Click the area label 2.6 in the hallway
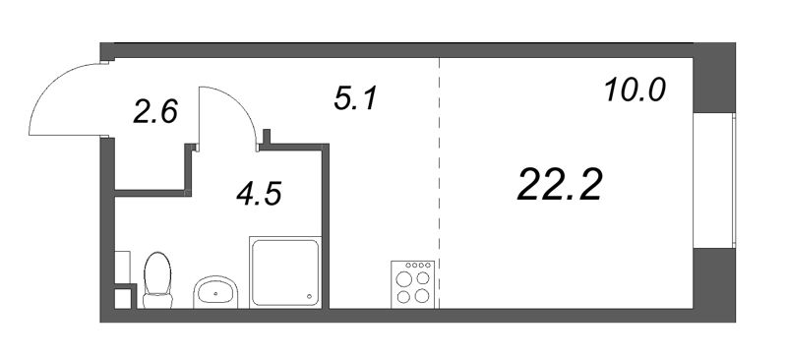[155, 111]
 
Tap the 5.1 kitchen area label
[355, 98]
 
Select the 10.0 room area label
[635, 90]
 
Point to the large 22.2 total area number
[559, 184]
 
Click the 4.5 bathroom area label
[259, 194]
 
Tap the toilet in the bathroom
[157, 280]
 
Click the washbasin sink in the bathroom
[215, 292]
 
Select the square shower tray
[285, 272]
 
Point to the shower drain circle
[309, 296]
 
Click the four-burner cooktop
[412, 284]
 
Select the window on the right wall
[714, 180]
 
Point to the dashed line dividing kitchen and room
[439, 183]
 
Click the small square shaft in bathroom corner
[123, 297]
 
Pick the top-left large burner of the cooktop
[404, 277]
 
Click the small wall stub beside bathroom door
[267, 137]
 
